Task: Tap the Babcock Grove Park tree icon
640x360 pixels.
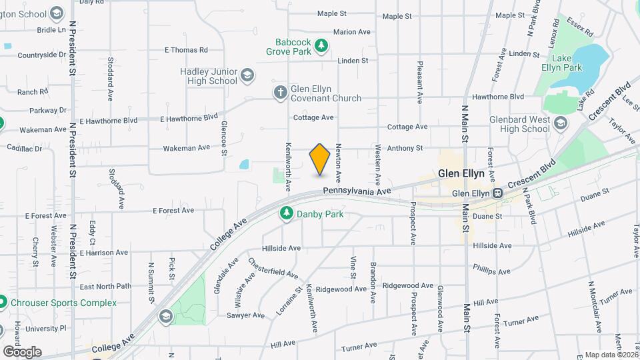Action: pyautogui.click(x=322, y=45)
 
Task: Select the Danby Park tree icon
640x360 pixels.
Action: pyautogui.click(x=286, y=213)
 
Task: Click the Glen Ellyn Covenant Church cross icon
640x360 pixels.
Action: pyautogui.click(x=280, y=93)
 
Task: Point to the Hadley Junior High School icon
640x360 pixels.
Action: pyautogui.click(x=248, y=75)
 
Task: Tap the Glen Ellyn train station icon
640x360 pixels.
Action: pyautogui.click(x=497, y=193)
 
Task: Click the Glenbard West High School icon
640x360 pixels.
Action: pyautogui.click(x=561, y=123)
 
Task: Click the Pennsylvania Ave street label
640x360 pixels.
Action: pyautogui.click(x=357, y=191)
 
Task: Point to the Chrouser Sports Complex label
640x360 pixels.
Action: pyautogui.click(x=64, y=303)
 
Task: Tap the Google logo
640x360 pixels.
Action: pyautogui.click(x=22, y=351)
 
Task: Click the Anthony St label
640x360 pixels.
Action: pyautogui.click(x=405, y=148)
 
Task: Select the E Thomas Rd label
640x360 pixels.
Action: pyautogui.click(x=186, y=50)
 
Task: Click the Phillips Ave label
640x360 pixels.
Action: pyautogui.click(x=491, y=271)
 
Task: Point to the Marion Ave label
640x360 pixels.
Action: pyautogui.click(x=351, y=32)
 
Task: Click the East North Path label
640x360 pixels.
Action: pyautogui.click(x=105, y=287)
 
